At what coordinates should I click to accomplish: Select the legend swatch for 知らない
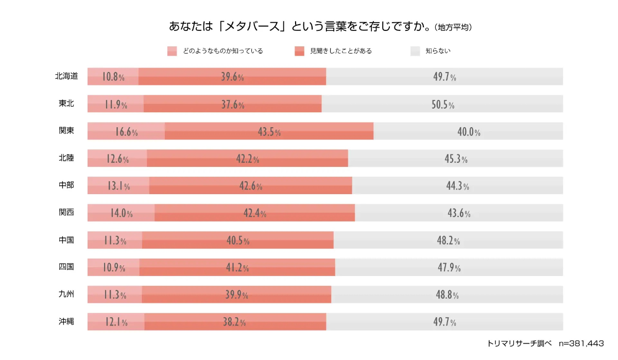point(415,51)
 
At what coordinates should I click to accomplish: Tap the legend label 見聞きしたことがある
point(340,51)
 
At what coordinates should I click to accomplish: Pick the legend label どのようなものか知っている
point(223,51)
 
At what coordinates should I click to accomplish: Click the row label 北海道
point(66,76)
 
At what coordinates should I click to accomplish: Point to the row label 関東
point(66,131)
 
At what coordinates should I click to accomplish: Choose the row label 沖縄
point(66,321)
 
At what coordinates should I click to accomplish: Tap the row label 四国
point(66,267)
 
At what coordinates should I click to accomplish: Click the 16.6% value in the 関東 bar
point(126,132)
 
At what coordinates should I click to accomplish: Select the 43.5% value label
point(269,132)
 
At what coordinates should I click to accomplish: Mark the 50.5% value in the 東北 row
point(443,105)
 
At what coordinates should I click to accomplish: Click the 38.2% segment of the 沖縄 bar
point(235,322)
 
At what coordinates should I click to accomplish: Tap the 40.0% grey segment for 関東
point(469,132)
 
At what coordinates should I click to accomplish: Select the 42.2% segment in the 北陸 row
point(248,159)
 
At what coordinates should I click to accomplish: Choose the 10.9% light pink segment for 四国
point(114,268)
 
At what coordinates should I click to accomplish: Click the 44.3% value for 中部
point(457,186)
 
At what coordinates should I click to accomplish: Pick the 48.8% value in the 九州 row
point(447,295)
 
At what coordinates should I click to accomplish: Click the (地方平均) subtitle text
point(453,27)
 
